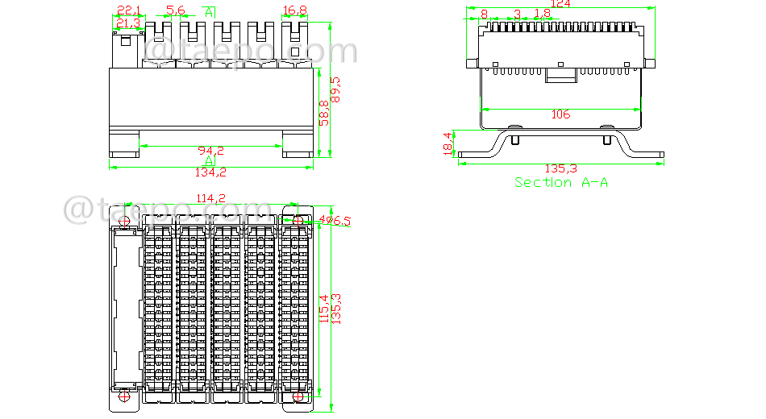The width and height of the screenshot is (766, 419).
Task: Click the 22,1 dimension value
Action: tap(128, 10)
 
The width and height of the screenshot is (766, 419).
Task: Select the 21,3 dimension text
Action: tap(128, 23)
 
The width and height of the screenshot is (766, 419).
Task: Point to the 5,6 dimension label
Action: tap(175, 10)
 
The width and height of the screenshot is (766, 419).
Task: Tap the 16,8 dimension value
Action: tap(295, 10)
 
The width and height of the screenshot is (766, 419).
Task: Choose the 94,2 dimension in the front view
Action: tap(211, 151)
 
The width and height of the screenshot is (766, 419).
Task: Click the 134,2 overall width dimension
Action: tap(211, 172)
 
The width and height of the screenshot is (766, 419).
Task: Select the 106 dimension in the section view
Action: tap(560, 114)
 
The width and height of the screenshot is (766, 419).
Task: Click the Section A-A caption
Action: tap(561, 183)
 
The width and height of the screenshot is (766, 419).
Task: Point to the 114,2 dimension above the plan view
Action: tap(211, 198)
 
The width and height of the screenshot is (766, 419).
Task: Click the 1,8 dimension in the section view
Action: tap(543, 14)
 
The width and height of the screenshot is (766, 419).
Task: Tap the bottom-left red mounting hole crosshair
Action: tap(123, 397)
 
